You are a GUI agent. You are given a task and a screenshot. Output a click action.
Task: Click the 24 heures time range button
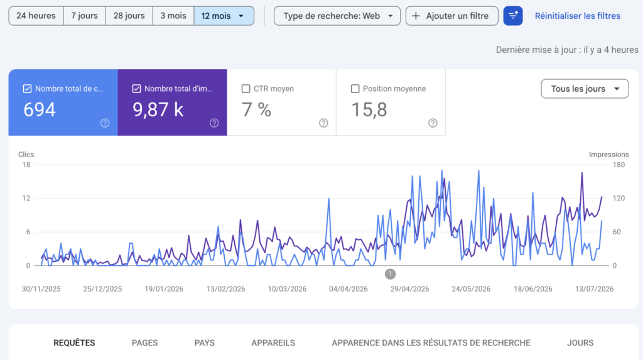click(x=36, y=16)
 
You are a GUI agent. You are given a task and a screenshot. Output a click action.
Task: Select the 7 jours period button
click(x=85, y=16)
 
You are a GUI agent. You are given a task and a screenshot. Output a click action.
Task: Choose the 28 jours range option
click(x=129, y=16)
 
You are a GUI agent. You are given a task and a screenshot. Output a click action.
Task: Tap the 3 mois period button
click(x=173, y=16)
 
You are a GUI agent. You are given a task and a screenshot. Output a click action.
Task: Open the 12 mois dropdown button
click(x=224, y=16)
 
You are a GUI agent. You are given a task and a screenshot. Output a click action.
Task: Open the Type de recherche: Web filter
click(x=337, y=16)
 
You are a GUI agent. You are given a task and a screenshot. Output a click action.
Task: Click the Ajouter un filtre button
click(x=452, y=16)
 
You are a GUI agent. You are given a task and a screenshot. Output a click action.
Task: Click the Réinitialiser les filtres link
click(x=578, y=16)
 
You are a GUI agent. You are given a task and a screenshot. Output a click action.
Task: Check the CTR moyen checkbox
click(x=246, y=89)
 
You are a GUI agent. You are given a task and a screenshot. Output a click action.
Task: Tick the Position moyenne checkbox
click(x=355, y=89)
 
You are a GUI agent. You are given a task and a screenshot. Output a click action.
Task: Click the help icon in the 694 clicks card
click(x=105, y=123)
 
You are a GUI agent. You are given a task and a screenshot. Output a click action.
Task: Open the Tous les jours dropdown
click(x=585, y=89)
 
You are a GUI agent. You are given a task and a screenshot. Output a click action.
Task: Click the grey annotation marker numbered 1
click(x=390, y=274)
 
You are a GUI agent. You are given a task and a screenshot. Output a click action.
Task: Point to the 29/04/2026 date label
click(x=409, y=289)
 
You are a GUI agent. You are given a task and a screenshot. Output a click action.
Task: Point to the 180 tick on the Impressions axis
click(x=619, y=165)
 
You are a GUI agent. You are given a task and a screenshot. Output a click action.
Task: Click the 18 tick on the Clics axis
click(x=26, y=165)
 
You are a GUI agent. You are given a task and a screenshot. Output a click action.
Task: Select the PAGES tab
click(x=145, y=343)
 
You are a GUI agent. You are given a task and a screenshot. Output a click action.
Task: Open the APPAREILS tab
click(x=273, y=343)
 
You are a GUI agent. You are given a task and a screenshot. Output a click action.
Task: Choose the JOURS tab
click(x=580, y=343)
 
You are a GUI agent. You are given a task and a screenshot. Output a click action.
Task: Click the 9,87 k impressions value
click(x=158, y=109)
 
